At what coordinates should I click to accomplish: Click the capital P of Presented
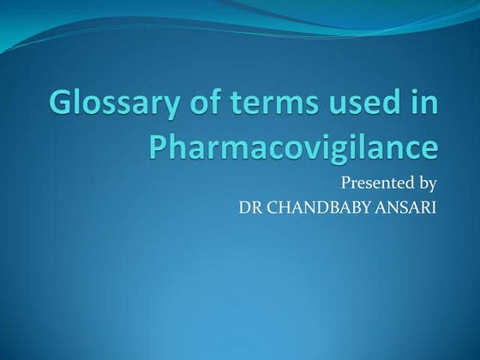[346, 183]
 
